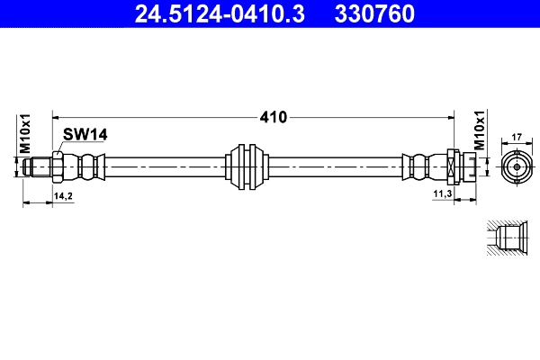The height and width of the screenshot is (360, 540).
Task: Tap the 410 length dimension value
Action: coord(273,117)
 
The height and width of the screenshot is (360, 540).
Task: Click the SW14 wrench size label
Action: coord(85,134)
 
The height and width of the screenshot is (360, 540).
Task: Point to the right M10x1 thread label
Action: coord(481,132)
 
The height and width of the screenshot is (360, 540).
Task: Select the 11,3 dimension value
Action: coord(442,194)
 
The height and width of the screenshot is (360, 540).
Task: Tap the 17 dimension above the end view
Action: coord(517,138)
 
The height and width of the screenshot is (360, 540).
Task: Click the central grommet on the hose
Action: coord(247,166)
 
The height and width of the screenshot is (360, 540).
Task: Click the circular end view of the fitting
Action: coord(517,166)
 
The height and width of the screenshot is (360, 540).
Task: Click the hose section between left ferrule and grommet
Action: coord(162,166)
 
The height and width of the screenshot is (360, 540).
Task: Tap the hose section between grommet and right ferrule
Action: coord(333,166)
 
